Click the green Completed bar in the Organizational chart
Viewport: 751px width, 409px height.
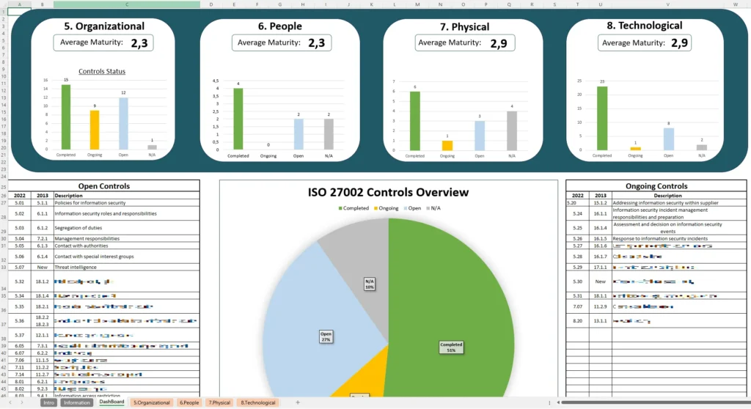coord(66,117)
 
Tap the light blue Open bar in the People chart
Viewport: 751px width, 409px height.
coord(298,134)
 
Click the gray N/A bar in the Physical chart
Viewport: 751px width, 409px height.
coord(511,131)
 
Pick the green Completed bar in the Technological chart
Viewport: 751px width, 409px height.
coord(602,118)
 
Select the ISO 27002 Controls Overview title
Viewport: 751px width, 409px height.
coord(389,192)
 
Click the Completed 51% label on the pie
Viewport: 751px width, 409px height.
coord(451,347)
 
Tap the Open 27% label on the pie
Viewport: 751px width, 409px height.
coord(326,337)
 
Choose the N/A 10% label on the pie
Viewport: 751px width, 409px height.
coord(370,284)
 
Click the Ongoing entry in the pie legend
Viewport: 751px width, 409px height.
coord(385,208)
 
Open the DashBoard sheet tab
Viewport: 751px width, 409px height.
coord(111,402)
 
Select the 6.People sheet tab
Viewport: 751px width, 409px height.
coord(188,402)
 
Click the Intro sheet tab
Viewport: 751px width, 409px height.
coord(48,402)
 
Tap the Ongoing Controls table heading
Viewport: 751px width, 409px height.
coord(656,186)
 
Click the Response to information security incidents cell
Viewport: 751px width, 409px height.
coord(660,238)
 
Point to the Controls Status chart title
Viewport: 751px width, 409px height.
coord(102,71)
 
